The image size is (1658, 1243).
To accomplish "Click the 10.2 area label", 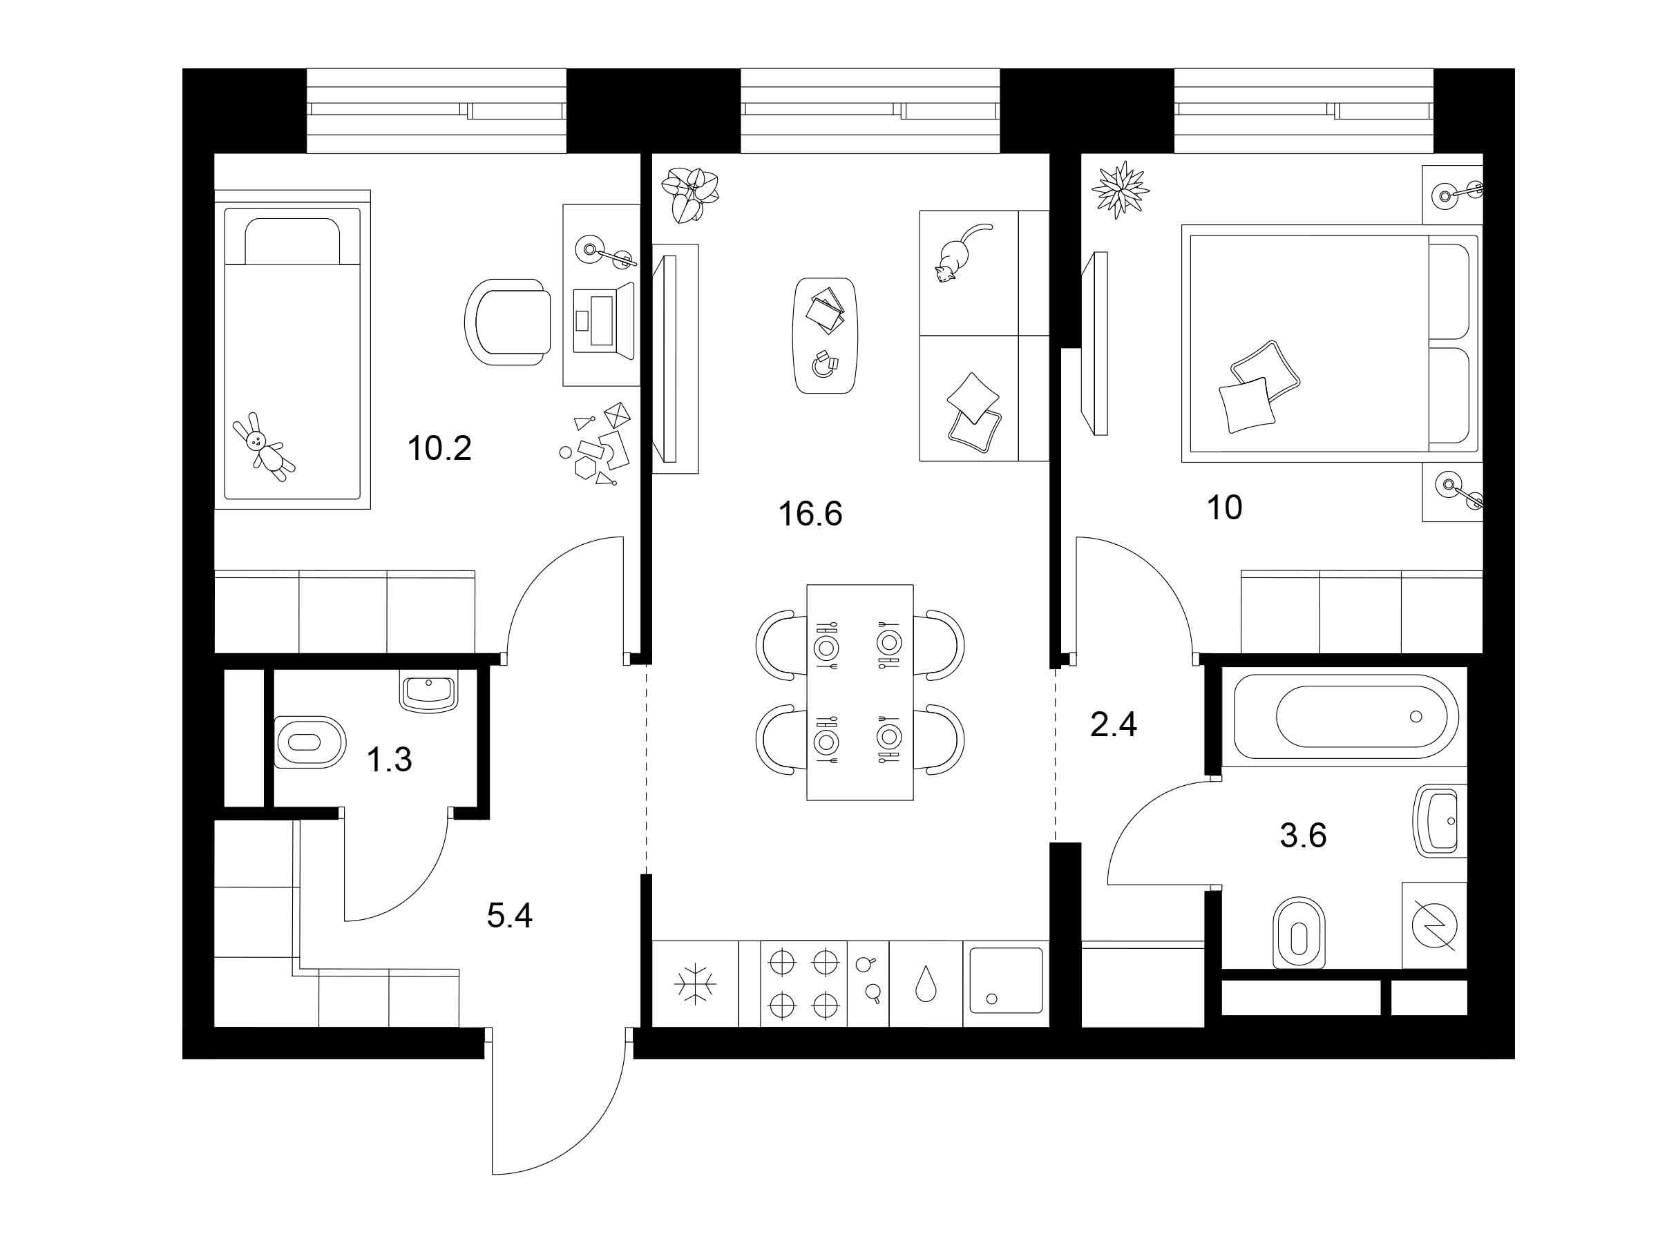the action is click(x=439, y=449).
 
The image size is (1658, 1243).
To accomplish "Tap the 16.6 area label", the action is click(x=810, y=514).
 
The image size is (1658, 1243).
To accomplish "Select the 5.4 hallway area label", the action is click(x=510, y=916).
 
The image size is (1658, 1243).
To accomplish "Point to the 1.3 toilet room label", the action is click(x=389, y=760).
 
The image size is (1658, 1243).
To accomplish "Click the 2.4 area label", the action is click(x=1114, y=724).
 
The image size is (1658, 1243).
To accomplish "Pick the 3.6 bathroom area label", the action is click(x=1304, y=836).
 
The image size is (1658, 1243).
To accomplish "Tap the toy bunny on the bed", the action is click(x=264, y=447).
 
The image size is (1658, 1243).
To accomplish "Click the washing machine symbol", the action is click(x=1434, y=925).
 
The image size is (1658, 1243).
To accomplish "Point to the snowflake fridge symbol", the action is click(x=696, y=983).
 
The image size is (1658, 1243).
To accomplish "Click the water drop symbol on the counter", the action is click(x=926, y=984).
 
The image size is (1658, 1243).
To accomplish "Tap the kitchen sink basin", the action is click(x=1007, y=980).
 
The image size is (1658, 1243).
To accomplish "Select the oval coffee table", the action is click(x=824, y=335).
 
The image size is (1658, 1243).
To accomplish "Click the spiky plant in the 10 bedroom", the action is click(x=1120, y=190).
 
